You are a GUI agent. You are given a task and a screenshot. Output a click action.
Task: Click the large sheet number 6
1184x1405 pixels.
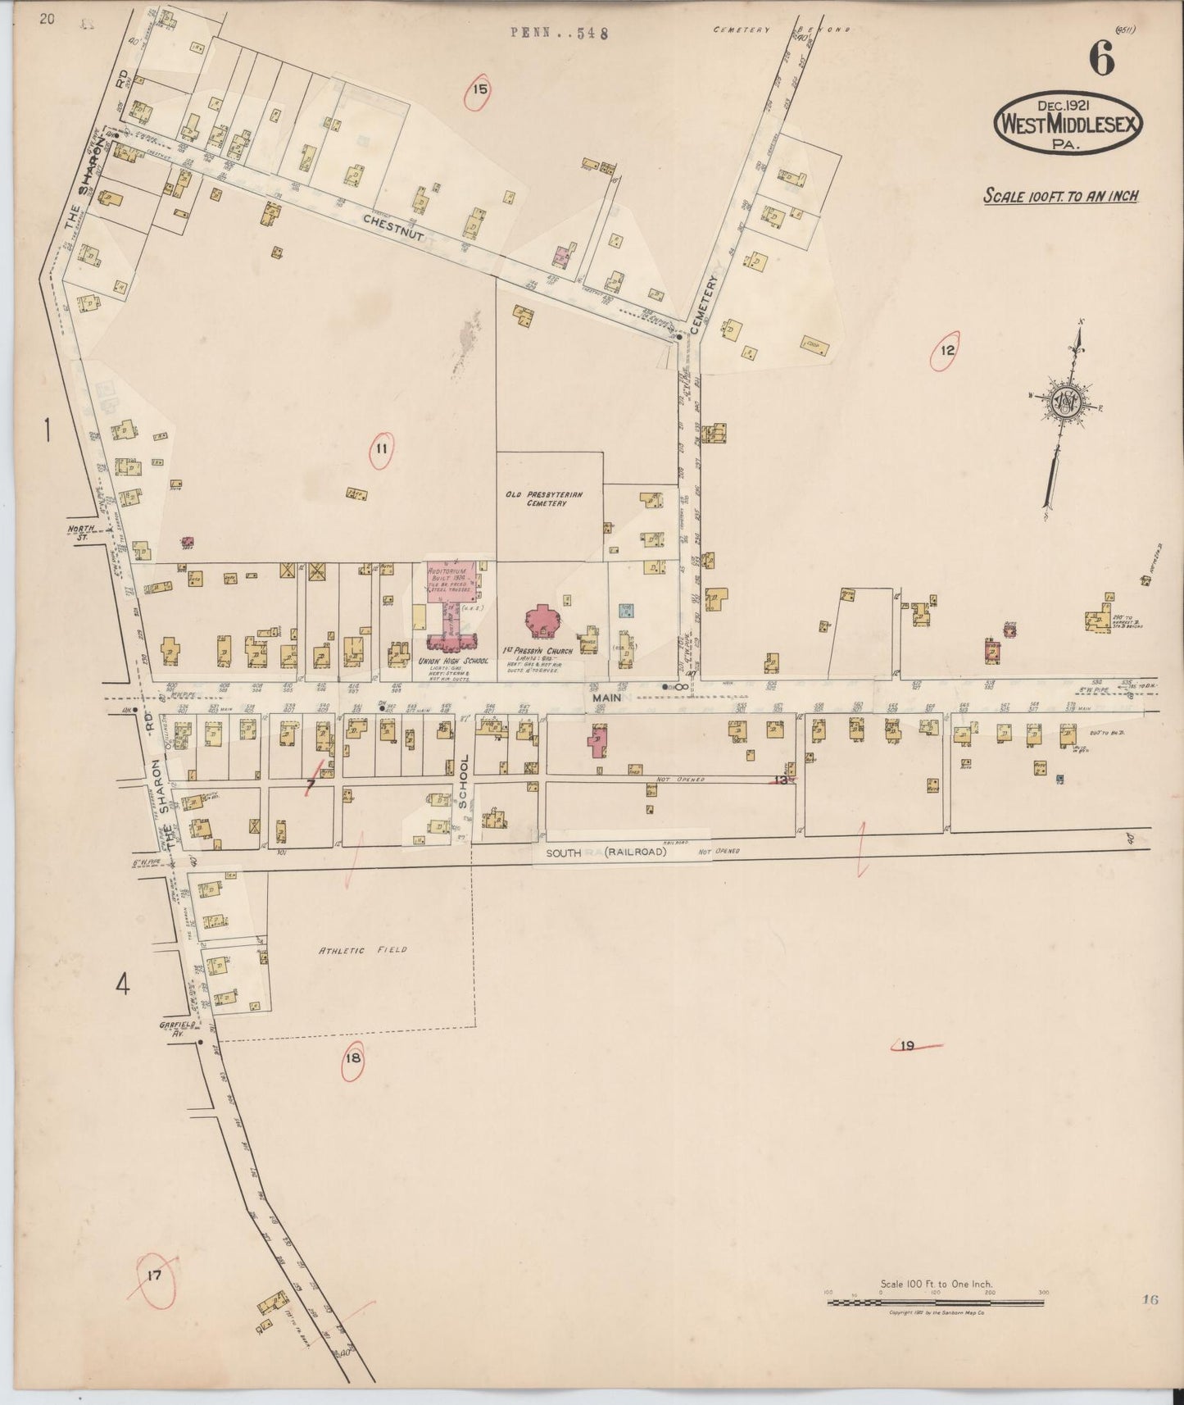tap(1102, 59)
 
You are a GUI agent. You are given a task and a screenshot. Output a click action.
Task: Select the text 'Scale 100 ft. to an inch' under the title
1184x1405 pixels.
tap(1061, 197)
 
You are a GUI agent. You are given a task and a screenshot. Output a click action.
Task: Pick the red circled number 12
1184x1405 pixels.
tap(947, 352)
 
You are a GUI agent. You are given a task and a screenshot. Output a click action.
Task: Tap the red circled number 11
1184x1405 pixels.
tap(381, 449)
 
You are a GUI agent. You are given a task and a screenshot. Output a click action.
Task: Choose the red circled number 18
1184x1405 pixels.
tap(353, 1058)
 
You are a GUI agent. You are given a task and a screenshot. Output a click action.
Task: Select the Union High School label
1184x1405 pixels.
tap(453, 661)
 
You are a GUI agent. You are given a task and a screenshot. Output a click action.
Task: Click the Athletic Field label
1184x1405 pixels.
tap(362, 950)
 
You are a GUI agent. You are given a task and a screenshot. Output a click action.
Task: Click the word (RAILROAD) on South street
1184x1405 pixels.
tap(636, 853)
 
